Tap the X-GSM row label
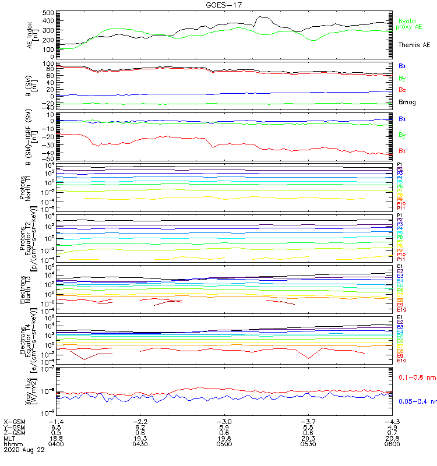(14, 421)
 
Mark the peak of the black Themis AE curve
(260, 17)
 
